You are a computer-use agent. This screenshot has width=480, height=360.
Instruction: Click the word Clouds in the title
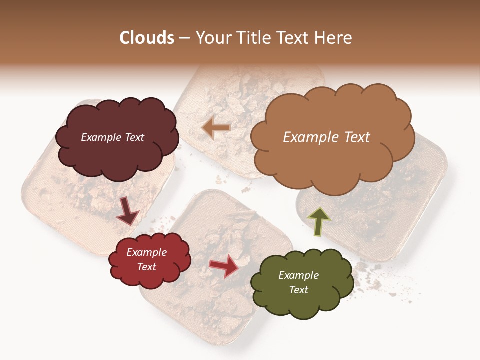[x=147, y=38]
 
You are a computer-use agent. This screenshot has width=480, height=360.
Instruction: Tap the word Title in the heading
[x=252, y=38]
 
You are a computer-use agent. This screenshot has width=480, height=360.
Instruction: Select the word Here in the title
[x=333, y=38]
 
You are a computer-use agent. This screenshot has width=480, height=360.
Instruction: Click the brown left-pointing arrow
[x=216, y=128]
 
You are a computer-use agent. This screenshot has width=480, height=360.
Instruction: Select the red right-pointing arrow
[x=224, y=266]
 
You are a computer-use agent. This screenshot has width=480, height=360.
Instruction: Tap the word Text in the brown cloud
[x=354, y=137]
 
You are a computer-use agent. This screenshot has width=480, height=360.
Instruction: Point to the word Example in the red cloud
[x=146, y=253]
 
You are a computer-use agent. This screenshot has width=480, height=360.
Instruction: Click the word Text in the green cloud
[x=298, y=290]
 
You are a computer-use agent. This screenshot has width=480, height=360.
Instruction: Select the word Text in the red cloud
[x=146, y=267]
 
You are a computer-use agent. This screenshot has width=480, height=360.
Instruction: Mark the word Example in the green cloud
[x=298, y=275]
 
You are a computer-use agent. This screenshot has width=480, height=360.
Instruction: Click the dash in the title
[x=184, y=38]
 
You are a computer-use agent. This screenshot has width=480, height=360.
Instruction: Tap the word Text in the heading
[x=294, y=38]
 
